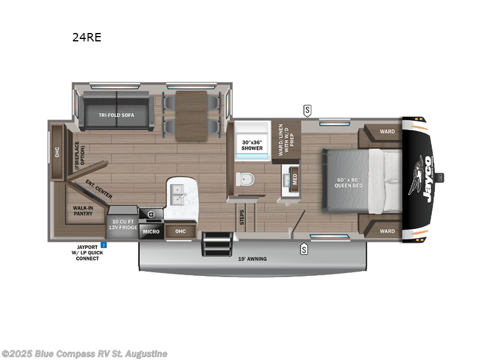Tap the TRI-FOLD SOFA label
click(x=116, y=115)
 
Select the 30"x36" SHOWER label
click(x=251, y=145)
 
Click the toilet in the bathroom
click(x=245, y=179)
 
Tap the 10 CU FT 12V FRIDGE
click(x=123, y=224)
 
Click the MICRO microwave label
click(x=151, y=231)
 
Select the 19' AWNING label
click(x=251, y=259)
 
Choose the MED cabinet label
click(x=294, y=178)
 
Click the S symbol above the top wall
click(x=307, y=110)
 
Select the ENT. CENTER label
click(x=98, y=188)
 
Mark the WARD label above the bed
click(x=387, y=131)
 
